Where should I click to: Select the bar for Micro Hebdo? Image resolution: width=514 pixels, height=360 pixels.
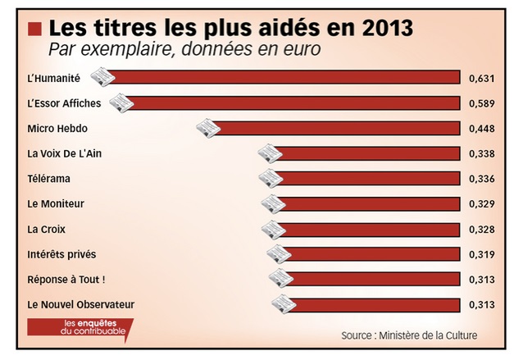tap(336, 129)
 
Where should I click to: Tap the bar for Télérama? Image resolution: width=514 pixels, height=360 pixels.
tap(367, 179)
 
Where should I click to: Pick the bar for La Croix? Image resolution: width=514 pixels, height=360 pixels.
tap(367, 229)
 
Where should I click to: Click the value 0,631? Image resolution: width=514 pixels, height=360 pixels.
tap(481, 79)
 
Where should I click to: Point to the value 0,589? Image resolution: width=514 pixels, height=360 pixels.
tap(481, 104)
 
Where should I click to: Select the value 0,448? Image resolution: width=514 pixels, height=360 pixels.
tap(481, 129)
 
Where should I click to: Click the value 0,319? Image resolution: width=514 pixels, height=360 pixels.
tap(481, 254)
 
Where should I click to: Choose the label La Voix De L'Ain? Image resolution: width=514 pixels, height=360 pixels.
tap(65, 153)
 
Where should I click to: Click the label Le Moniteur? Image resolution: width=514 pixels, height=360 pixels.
tap(56, 203)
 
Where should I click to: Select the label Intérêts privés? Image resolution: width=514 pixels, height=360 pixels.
tap(60, 254)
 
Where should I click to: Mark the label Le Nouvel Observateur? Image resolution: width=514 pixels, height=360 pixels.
tap(80, 305)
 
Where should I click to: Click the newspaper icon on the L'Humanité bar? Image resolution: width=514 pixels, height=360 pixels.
tap(101, 77)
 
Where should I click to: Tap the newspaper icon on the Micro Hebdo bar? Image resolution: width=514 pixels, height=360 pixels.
tap(208, 127)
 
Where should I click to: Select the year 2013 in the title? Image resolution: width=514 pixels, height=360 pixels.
tap(384, 28)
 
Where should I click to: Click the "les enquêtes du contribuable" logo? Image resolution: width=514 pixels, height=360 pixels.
tap(79, 328)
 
